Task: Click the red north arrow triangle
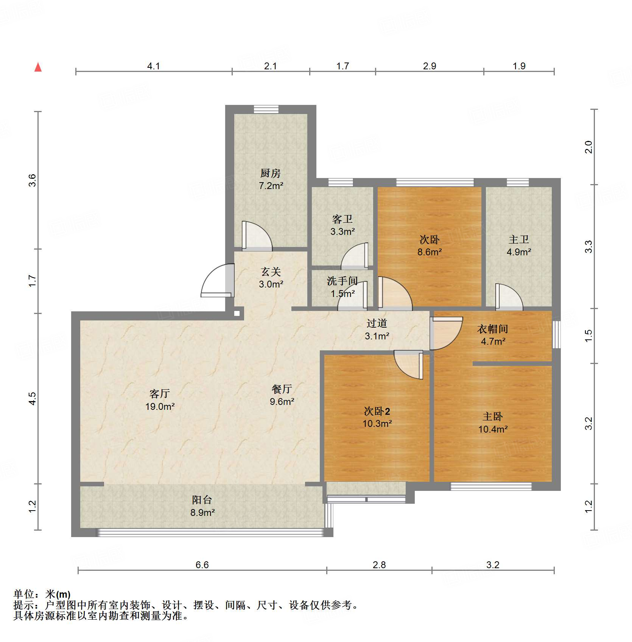(38, 67)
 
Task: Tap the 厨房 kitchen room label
(271, 173)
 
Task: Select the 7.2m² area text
(271, 186)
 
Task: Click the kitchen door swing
(257, 236)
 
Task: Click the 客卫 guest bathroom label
(342, 219)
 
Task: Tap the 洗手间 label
(342, 281)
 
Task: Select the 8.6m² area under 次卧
(430, 252)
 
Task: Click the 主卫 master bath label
(518, 239)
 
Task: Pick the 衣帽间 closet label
(492, 329)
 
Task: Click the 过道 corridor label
(377, 323)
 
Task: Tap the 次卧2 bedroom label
(377, 411)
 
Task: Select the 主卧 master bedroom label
(492, 417)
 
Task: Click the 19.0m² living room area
(160, 407)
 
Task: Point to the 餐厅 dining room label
(282, 389)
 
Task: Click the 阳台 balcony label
(202, 500)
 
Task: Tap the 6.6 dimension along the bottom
(202, 565)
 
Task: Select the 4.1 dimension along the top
(153, 66)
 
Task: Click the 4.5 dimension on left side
(33, 398)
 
